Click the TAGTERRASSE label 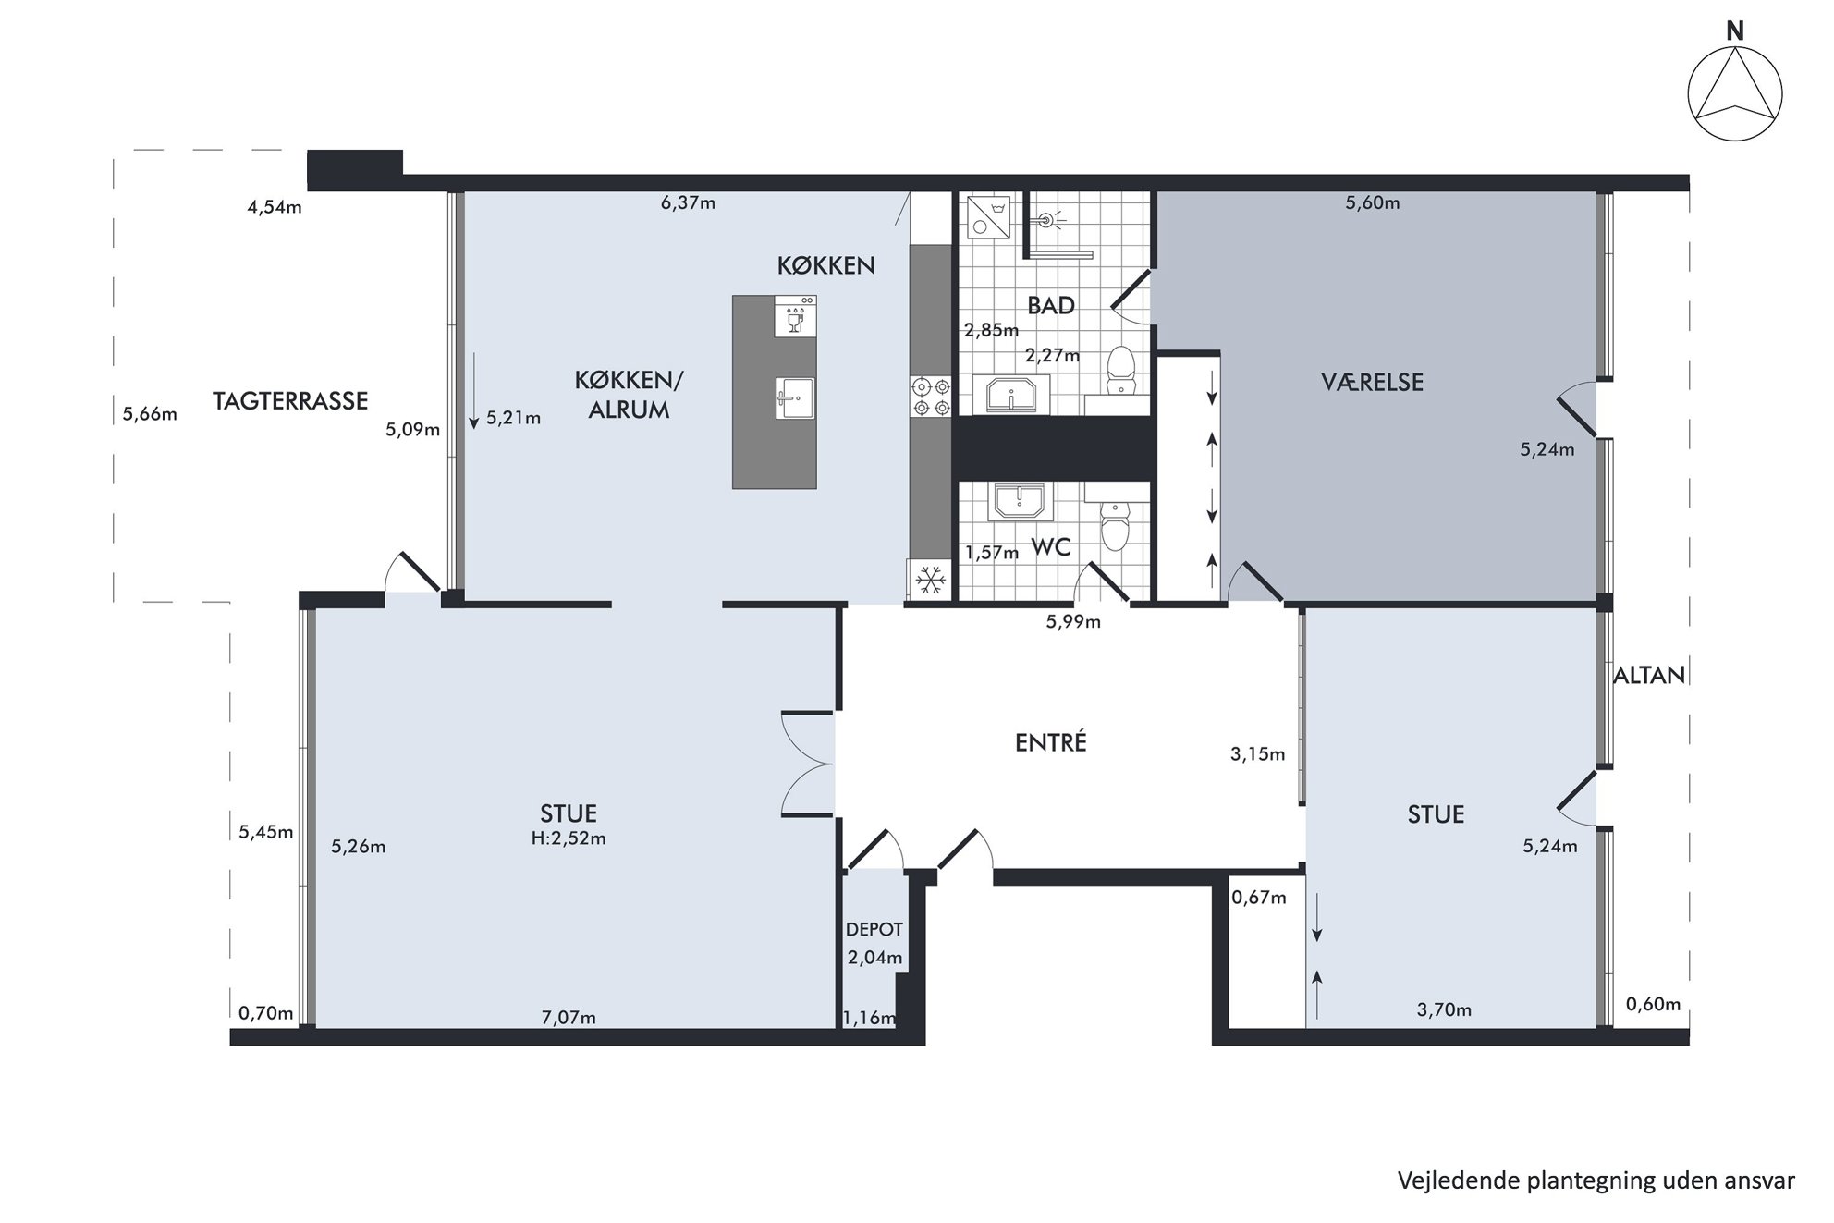pos(290,400)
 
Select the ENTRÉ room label pos(1050,741)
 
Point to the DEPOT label pos(874,929)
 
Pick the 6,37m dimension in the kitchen pos(688,202)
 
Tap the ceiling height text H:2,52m pos(569,838)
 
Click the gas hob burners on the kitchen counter pos(931,396)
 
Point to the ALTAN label pos(1649,675)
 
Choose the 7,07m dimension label pos(569,1018)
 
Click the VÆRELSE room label pos(1372,382)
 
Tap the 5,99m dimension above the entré pos(1073,622)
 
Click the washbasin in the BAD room pos(1011,395)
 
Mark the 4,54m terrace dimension pos(275,207)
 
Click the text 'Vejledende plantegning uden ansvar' pos(1596,1180)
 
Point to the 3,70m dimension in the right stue pos(1444,1010)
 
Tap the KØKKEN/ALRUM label pos(629,395)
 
